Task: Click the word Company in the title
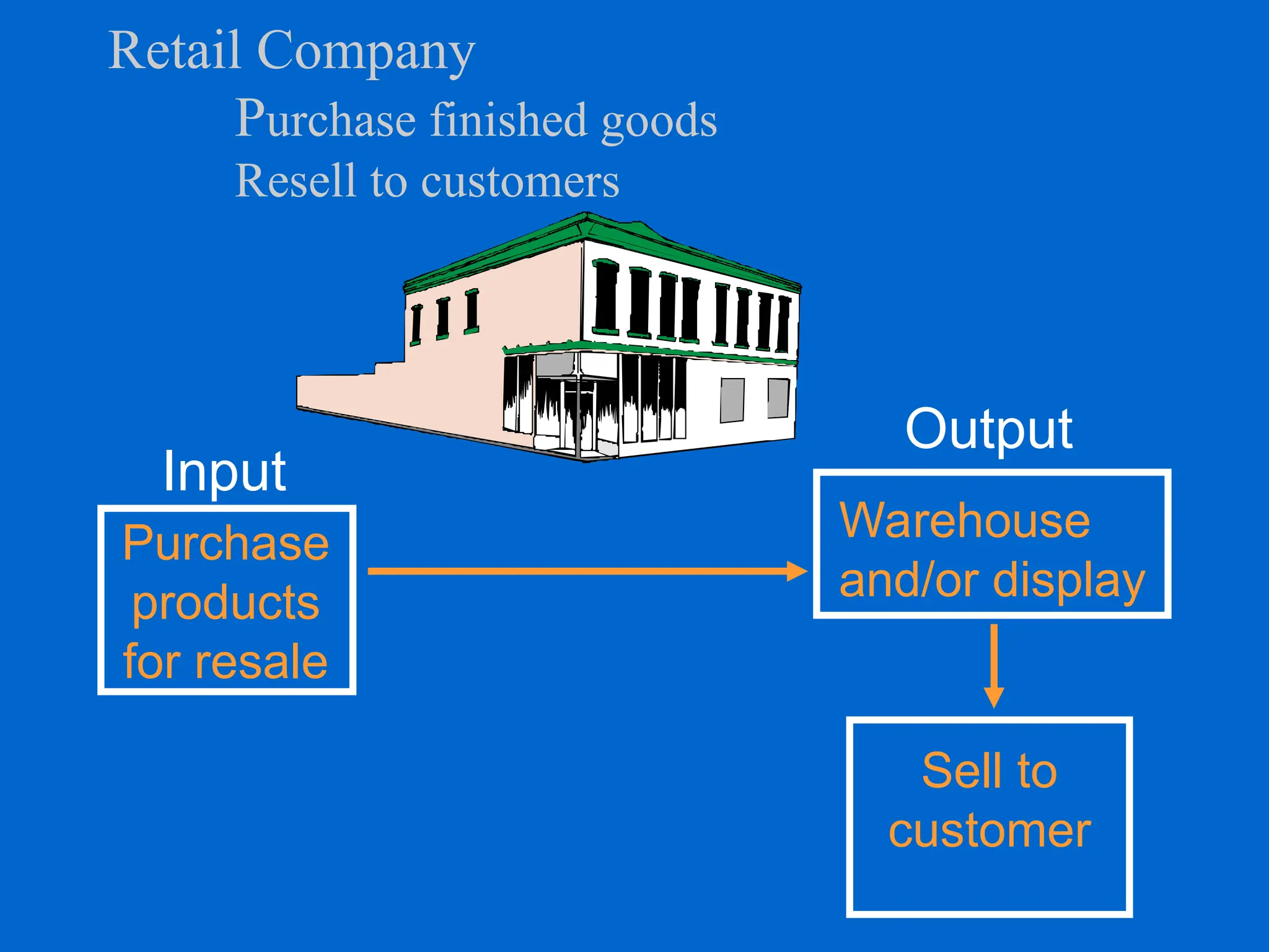click(366, 53)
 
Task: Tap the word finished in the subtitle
click(508, 119)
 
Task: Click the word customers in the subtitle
click(520, 182)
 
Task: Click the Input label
click(224, 471)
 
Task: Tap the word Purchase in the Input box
click(226, 543)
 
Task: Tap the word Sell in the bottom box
click(957, 770)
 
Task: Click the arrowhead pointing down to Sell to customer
click(994, 697)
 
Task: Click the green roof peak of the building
click(586, 217)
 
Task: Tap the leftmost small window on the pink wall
click(416, 324)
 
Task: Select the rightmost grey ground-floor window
click(778, 398)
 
